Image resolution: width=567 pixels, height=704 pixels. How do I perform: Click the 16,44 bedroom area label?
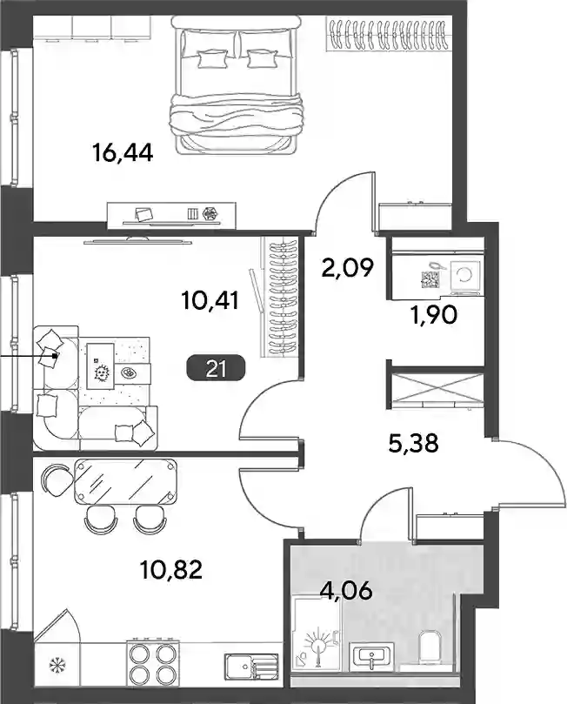coord(123,152)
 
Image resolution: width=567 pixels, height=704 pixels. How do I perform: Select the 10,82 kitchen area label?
coord(171,570)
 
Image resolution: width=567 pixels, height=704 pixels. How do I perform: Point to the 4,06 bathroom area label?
coord(346,591)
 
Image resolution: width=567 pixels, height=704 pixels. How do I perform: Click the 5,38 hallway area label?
coord(413,444)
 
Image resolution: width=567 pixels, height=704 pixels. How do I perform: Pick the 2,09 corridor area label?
coord(347,268)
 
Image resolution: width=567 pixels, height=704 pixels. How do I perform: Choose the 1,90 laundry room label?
coord(434,316)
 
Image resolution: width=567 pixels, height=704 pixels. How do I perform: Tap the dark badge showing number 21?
coord(216,369)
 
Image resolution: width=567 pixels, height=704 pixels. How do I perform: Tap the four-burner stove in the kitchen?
coord(151,664)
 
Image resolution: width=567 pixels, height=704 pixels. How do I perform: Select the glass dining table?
coord(125,481)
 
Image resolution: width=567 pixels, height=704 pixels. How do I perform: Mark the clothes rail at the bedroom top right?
coord(390,34)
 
